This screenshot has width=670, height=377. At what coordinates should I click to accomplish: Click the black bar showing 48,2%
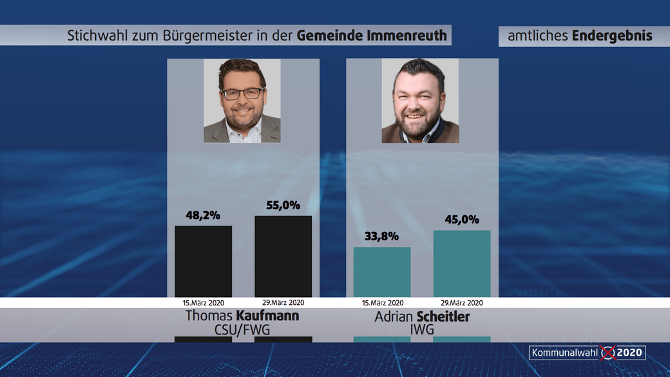[x=203, y=261]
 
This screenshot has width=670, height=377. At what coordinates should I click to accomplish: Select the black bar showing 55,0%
[x=283, y=256]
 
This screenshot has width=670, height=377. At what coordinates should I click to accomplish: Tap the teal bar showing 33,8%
[x=381, y=271]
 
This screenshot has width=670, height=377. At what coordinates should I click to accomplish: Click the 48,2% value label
[x=203, y=215]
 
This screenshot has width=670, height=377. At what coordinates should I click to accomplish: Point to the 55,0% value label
[x=283, y=206]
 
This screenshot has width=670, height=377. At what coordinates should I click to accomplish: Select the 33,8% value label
[x=381, y=237]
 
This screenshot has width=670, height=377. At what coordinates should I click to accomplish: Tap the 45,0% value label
[x=461, y=220]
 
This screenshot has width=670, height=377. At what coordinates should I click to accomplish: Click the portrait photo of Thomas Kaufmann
[x=242, y=101]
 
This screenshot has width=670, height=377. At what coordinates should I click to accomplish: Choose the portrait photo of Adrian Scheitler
[x=420, y=101]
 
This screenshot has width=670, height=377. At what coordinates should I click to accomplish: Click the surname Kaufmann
[x=267, y=316]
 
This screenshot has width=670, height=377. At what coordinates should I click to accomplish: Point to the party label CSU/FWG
[x=242, y=329]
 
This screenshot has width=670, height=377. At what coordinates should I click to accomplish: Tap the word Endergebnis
[x=612, y=36]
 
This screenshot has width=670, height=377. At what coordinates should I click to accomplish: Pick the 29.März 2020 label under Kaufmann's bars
[x=283, y=302]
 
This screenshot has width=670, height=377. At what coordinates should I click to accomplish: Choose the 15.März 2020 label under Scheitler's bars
[x=381, y=302]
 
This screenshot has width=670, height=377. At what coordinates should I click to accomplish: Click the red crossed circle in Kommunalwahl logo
[x=608, y=353]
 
